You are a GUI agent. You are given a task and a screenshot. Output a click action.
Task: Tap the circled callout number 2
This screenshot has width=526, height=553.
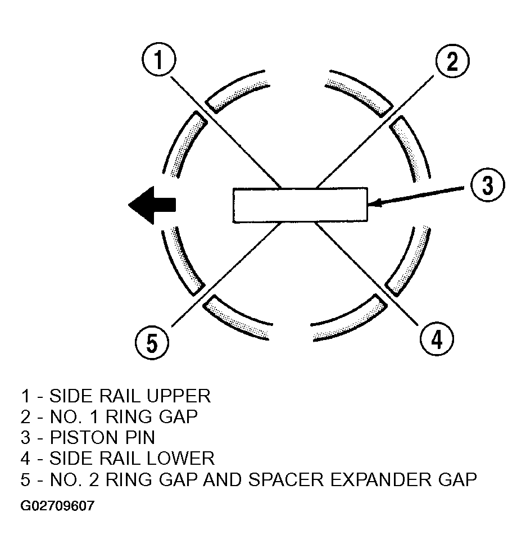click(452, 61)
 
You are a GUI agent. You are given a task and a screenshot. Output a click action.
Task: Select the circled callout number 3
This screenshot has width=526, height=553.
click(488, 185)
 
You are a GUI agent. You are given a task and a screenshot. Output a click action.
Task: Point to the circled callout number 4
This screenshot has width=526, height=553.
click(437, 339)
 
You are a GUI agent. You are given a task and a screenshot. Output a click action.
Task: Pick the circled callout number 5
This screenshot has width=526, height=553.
click(152, 343)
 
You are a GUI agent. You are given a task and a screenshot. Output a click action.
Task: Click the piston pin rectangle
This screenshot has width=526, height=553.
click(300, 205)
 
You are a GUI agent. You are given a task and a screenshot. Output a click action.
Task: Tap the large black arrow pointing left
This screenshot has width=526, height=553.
click(152, 205)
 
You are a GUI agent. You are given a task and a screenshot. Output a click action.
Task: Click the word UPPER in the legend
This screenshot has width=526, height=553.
click(179, 396)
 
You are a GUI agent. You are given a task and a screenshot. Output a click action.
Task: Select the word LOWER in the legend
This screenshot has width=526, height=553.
click(180, 459)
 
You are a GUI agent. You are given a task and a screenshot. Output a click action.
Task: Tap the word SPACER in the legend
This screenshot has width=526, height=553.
click(286, 479)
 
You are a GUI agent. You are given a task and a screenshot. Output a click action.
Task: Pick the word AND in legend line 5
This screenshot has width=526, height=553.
click(221, 479)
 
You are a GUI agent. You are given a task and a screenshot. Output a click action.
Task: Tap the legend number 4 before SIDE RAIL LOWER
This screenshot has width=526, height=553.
click(25, 459)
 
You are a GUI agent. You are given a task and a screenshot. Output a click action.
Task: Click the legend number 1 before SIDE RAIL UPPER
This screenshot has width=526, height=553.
click(25, 396)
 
